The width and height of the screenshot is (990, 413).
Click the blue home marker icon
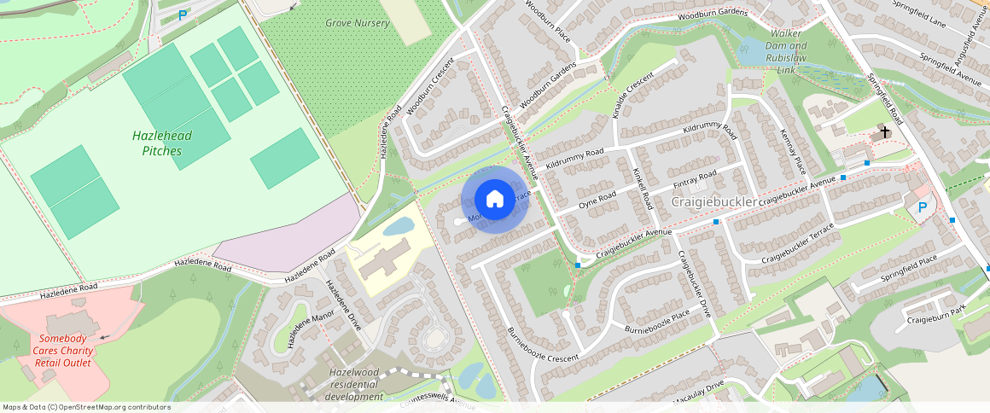(494, 200)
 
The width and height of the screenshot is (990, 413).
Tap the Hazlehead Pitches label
(162, 143)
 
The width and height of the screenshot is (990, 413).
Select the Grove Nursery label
(357, 23)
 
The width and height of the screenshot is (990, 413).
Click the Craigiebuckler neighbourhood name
(714, 202)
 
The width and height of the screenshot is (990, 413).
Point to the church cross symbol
(885, 132)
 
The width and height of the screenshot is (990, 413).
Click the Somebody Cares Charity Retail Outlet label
(62, 351)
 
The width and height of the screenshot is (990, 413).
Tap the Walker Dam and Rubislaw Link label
(786, 57)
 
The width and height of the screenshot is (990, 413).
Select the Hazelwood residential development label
(354, 385)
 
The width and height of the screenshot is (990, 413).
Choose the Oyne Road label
(597, 201)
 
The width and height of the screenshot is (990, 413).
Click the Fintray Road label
(695, 180)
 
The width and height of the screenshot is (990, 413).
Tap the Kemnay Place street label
(793, 150)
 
